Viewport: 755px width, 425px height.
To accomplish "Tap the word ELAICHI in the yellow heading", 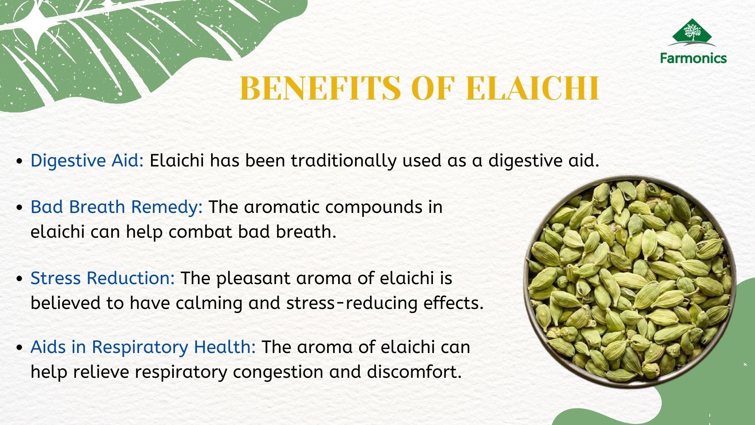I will click(532, 88).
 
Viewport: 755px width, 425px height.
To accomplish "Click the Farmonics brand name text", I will click(693, 58).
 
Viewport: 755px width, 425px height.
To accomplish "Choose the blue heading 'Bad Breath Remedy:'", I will click(116, 207).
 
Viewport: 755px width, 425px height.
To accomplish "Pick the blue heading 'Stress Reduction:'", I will click(103, 278).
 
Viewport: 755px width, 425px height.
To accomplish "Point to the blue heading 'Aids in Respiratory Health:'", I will click(143, 347).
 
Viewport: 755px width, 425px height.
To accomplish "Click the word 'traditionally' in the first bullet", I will click(343, 161).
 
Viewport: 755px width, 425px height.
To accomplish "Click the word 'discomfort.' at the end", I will click(414, 372).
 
